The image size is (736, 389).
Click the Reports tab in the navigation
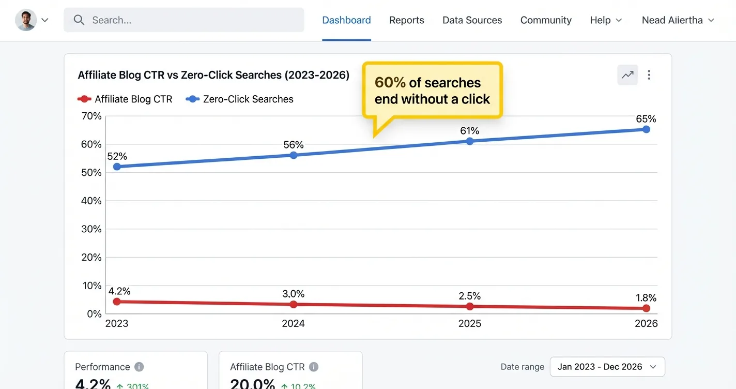coord(406,20)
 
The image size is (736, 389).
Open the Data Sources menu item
coord(472,20)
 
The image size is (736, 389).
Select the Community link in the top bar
coord(546,20)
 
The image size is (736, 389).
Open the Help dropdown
coord(606,20)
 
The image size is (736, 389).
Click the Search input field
coord(184,20)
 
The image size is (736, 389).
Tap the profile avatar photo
coord(26,20)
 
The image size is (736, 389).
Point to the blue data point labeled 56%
coord(293,155)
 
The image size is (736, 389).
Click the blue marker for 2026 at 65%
coord(646,129)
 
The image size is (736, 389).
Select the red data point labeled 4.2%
coord(117,302)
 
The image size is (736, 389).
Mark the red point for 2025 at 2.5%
coord(470,306)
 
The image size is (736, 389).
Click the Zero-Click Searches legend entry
coord(240,99)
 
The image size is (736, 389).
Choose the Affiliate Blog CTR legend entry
coord(125,99)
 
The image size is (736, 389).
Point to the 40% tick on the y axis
coord(91,201)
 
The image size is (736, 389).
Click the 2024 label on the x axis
coord(293,324)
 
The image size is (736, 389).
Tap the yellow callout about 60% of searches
coord(432,91)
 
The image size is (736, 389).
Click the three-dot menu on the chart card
coord(649,75)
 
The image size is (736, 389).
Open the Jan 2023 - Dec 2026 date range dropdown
coord(607,367)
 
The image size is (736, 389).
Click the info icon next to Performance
coord(139,367)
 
